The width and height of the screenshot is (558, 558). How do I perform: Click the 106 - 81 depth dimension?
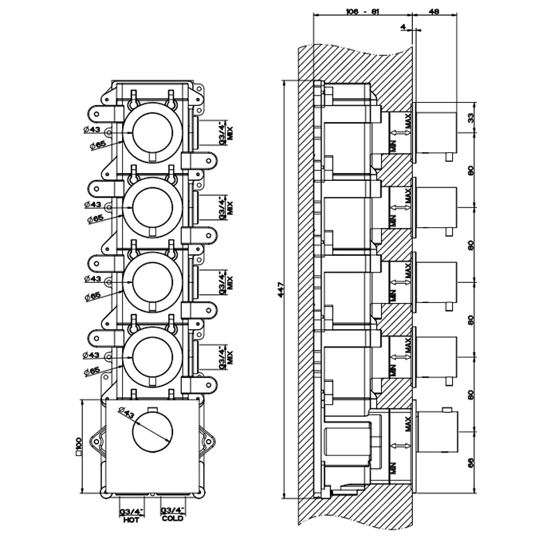(x=356, y=12)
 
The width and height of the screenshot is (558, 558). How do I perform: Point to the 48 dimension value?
(x=434, y=12)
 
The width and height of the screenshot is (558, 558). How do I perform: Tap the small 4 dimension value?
(x=405, y=27)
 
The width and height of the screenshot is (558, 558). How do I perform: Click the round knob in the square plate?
(x=151, y=435)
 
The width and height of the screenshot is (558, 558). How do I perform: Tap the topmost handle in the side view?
(x=436, y=132)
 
